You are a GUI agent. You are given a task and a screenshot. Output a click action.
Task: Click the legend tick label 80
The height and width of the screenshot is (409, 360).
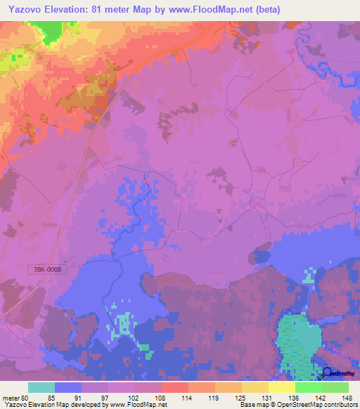(27, 398)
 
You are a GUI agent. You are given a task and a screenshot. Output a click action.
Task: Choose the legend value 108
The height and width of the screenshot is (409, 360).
(162, 398)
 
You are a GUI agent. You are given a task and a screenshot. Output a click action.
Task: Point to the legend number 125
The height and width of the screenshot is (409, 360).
(242, 398)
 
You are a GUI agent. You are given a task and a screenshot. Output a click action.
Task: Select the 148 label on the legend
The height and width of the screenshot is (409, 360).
(348, 398)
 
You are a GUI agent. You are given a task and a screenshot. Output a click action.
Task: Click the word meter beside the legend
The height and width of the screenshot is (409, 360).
(11, 398)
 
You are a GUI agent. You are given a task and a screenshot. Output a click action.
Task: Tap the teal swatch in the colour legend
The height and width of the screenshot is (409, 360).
(41, 387)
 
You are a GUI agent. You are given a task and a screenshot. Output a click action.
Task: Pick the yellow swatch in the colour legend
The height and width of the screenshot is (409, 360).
(281, 387)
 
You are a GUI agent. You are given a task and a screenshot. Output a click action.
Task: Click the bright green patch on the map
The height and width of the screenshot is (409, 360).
(50, 31)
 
